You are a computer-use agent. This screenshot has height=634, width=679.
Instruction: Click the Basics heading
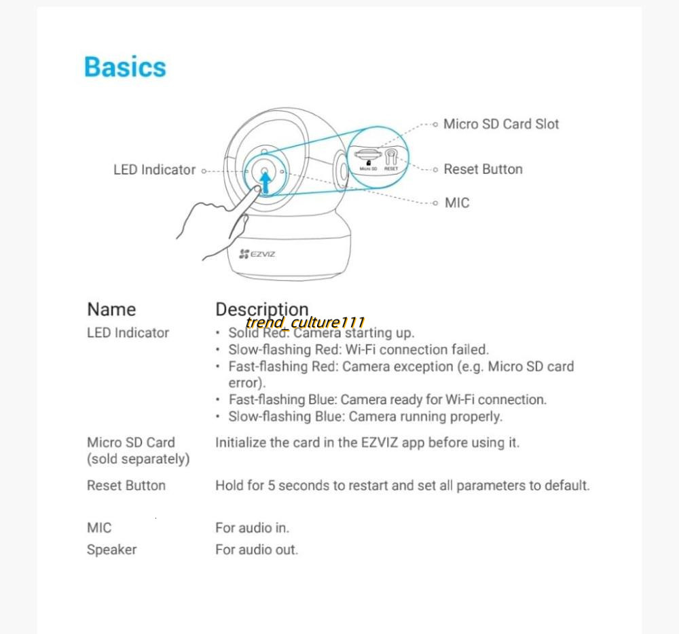(125, 67)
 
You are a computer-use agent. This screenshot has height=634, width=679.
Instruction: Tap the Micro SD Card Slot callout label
(501, 124)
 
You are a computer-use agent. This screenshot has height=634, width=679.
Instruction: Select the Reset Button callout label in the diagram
(483, 169)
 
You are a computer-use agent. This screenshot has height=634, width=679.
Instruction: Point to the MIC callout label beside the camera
(456, 202)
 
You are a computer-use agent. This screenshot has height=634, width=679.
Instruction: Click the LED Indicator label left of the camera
(154, 170)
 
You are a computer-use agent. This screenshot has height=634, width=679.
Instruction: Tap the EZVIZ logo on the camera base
(257, 253)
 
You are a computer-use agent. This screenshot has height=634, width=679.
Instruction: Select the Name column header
(111, 310)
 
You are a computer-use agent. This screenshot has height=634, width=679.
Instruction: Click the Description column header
(261, 310)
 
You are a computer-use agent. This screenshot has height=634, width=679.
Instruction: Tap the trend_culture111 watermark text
(306, 322)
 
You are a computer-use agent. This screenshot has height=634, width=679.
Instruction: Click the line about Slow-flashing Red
(359, 350)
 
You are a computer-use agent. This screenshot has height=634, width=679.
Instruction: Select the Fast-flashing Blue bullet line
(387, 400)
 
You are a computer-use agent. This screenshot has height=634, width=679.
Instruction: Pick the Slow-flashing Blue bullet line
(365, 417)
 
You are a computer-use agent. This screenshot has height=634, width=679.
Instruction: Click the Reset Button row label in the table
(126, 486)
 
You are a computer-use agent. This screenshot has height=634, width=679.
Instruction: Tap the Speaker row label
(111, 550)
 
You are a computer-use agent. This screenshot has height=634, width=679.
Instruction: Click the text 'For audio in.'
(252, 528)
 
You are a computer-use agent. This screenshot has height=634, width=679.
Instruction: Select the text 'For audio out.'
(257, 550)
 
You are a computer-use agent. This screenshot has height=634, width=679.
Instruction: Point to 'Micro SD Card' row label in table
(131, 442)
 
